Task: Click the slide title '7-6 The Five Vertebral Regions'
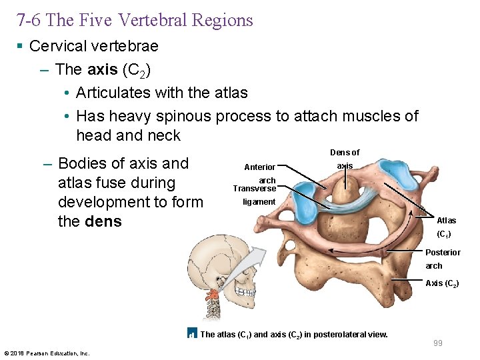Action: pyautogui.click(x=135, y=20)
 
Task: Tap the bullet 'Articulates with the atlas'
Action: pyautogui.click(x=161, y=93)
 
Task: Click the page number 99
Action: pyautogui.click(x=438, y=343)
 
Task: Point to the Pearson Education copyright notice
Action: pyautogui.click(x=47, y=353)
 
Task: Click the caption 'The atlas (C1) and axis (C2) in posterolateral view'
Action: pyautogui.click(x=294, y=334)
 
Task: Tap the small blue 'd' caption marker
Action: pyautogui.click(x=191, y=334)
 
